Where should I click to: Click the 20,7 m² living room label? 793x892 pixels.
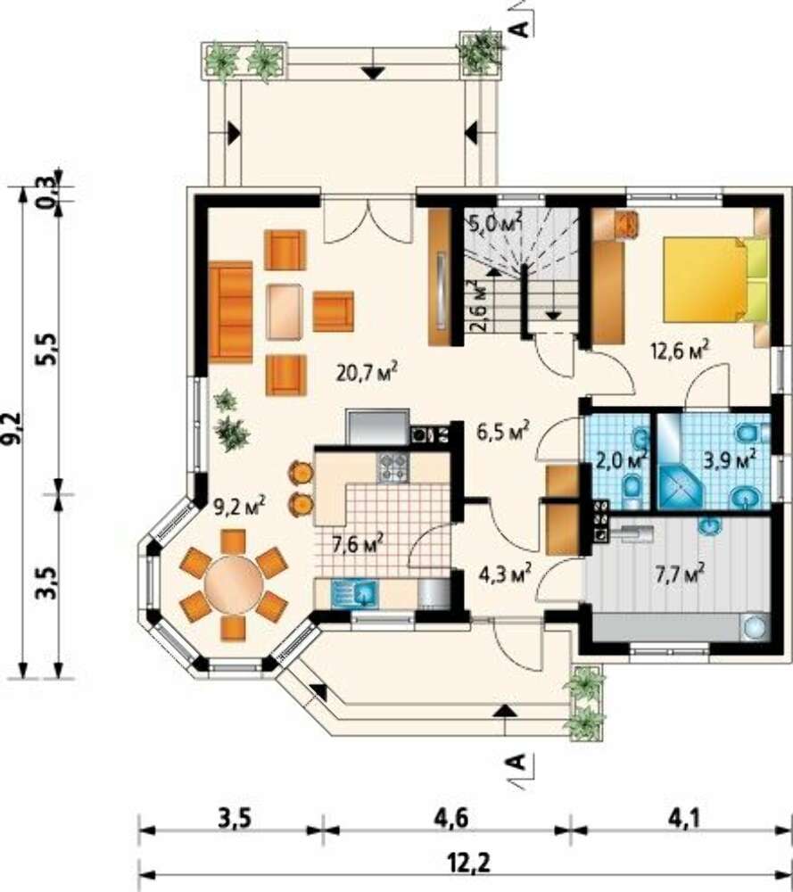coord(367,373)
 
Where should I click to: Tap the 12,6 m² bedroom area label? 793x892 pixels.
coord(680,350)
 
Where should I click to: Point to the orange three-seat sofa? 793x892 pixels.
coord(230,311)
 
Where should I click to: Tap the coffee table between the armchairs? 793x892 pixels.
coord(285,311)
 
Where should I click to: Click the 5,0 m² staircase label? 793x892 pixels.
coord(494,222)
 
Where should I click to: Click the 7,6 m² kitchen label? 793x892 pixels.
coord(358,544)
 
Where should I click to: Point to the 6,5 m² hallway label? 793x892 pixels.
coord(503,433)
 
